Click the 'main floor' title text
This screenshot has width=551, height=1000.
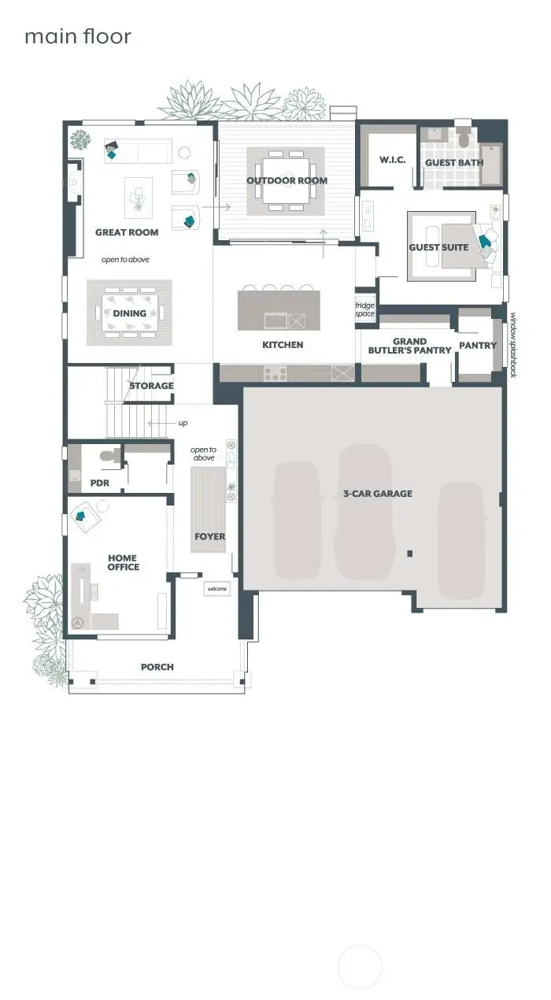point(77,36)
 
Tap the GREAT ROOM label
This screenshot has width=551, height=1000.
point(127,232)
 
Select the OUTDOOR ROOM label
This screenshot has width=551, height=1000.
point(287,181)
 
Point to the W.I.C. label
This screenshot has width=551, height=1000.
point(392,161)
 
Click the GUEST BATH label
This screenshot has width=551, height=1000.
point(453,163)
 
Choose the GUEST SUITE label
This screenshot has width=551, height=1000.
point(438,247)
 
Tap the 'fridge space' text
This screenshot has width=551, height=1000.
point(364,309)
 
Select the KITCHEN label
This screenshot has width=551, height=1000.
point(283,345)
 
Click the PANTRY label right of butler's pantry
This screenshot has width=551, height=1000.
point(478,345)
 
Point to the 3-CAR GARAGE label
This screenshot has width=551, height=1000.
point(378,494)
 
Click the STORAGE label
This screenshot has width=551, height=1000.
point(151,386)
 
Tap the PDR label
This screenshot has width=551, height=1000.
point(99,483)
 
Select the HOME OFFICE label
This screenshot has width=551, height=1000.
point(124,562)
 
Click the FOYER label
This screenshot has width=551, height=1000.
point(209,537)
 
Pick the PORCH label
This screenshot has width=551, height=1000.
point(157,667)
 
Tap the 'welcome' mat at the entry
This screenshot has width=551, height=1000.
point(216,589)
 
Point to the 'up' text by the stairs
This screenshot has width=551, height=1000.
point(183,423)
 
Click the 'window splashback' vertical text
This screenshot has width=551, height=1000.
point(513,346)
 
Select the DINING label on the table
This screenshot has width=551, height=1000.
point(129,313)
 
